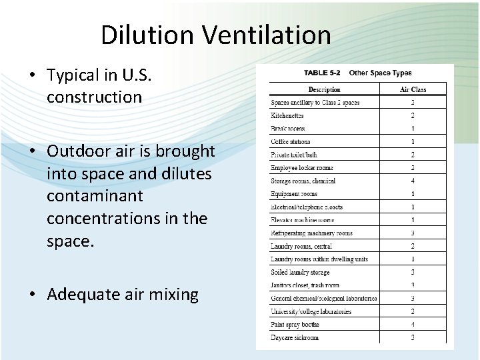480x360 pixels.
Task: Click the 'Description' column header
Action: pyautogui.click(x=324, y=89)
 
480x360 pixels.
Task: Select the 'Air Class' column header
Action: pyautogui.click(x=413, y=89)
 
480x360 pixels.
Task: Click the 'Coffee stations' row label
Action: pyautogui.click(x=291, y=141)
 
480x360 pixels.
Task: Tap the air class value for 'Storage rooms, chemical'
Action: pyautogui.click(x=413, y=181)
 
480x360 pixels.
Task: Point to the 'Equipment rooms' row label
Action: pyautogui.click(x=294, y=194)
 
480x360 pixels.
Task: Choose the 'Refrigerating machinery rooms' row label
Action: pyautogui.click(x=311, y=233)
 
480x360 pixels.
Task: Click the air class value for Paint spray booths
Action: pyautogui.click(x=413, y=325)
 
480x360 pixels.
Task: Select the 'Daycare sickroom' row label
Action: pyautogui.click(x=295, y=337)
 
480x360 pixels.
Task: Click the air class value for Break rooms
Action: pyautogui.click(x=413, y=129)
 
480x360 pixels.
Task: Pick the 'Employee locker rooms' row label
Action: pyautogui.click(x=302, y=168)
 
